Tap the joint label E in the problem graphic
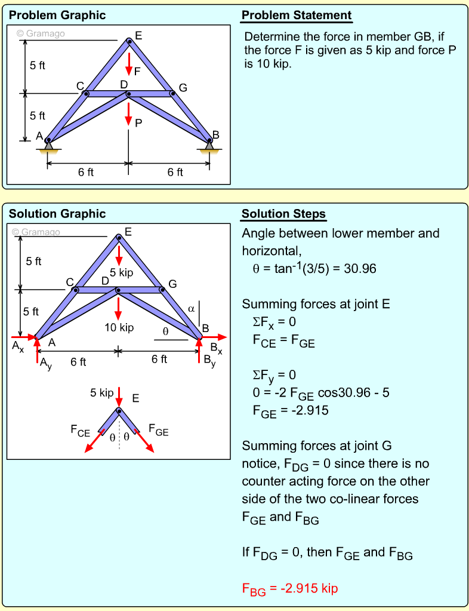click(x=138, y=36)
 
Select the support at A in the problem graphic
click(x=48, y=144)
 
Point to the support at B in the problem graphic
click(x=209, y=144)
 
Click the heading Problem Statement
click(x=297, y=16)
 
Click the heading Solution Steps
click(x=283, y=214)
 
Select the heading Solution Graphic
click(x=57, y=214)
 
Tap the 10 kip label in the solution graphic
click(x=119, y=327)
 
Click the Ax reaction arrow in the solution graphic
click(x=24, y=337)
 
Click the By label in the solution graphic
click(x=209, y=360)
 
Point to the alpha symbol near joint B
click(x=191, y=309)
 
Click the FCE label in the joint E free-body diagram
click(x=80, y=429)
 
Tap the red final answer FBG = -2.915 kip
click(x=290, y=589)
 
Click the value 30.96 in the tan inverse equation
click(x=356, y=269)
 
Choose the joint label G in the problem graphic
click(x=183, y=88)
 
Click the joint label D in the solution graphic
click(x=105, y=281)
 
